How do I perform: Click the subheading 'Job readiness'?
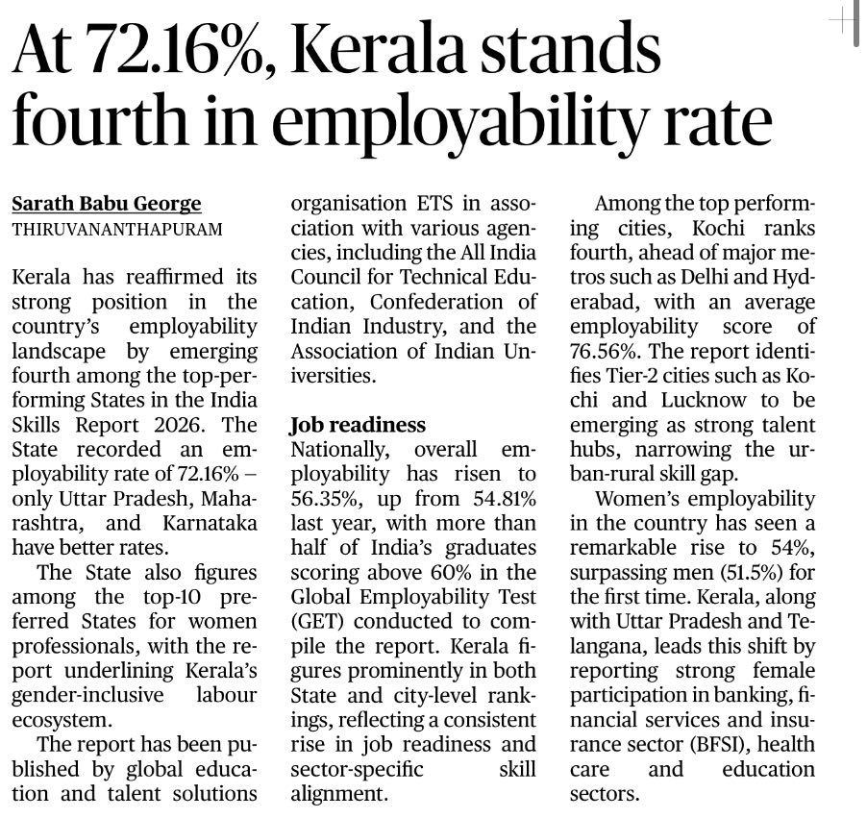358,425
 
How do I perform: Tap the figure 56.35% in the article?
329,500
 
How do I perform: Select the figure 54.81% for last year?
496,500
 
